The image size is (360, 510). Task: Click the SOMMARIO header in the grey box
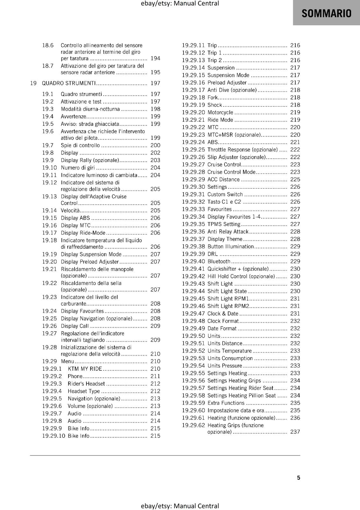(x=326, y=13)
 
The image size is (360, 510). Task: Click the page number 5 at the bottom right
(x=299, y=477)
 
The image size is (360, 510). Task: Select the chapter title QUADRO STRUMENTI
(x=69, y=83)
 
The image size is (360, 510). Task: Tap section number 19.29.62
(x=193, y=425)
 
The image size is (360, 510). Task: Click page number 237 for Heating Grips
(x=295, y=432)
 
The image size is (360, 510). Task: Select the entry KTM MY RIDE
(x=85, y=369)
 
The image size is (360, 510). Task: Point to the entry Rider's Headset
(x=86, y=384)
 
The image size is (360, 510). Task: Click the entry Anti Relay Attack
(x=228, y=232)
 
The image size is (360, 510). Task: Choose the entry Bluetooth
(x=219, y=261)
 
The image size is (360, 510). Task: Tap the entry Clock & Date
(x=223, y=314)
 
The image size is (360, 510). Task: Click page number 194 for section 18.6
(x=155, y=58)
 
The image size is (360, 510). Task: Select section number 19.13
(x=49, y=197)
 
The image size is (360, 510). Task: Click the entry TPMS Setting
(x=224, y=224)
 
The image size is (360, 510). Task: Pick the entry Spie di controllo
(x=80, y=145)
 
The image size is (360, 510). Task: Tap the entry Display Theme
(x=225, y=239)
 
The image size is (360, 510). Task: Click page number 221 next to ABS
(x=295, y=142)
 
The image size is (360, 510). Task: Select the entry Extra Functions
(x=226, y=403)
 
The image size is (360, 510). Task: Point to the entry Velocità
(x=70, y=210)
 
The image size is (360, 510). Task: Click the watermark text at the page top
(x=180, y=4)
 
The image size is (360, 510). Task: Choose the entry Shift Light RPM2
(x=228, y=306)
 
